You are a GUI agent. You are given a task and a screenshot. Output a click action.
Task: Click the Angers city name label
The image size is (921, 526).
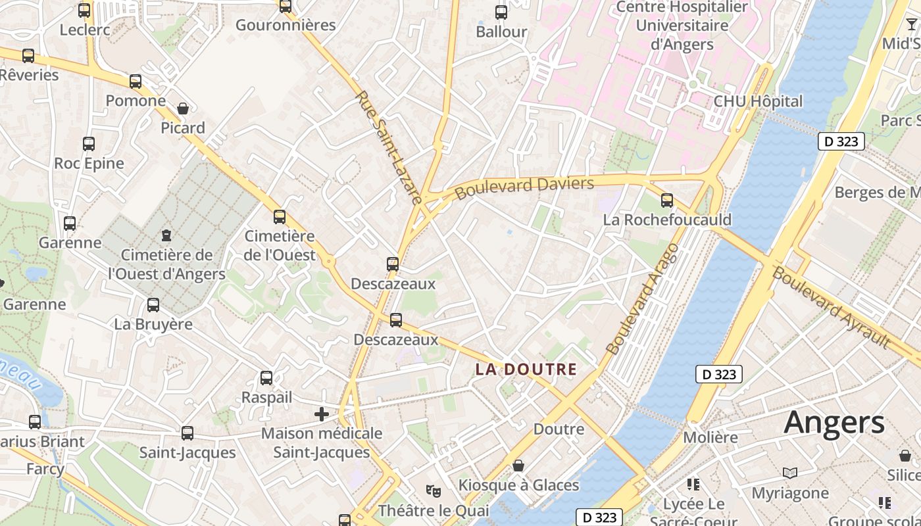[x=834, y=422]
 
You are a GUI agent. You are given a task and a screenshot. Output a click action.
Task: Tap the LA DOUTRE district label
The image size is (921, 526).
[x=526, y=370]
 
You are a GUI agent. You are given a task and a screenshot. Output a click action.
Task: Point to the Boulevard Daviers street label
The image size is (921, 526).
[x=524, y=187]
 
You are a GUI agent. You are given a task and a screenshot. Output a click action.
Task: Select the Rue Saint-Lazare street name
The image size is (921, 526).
[x=389, y=147]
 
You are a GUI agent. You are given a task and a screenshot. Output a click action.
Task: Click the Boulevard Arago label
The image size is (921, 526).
[x=642, y=299]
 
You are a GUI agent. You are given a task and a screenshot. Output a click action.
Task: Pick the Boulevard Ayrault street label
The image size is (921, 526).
[x=832, y=307]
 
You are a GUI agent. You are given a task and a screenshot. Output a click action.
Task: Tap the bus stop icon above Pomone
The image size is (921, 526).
[x=136, y=82]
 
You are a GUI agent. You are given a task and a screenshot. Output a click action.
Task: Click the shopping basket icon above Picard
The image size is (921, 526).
[x=183, y=108]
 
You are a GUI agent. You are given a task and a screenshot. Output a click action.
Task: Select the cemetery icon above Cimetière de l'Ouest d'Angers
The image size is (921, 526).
[x=166, y=235]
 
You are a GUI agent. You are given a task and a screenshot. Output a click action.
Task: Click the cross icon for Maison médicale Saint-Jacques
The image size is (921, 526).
[x=322, y=414]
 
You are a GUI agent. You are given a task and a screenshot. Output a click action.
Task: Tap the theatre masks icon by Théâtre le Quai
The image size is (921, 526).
[x=433, y=490]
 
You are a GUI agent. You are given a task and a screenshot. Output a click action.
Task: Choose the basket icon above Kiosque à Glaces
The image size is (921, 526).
[x=518, y=466]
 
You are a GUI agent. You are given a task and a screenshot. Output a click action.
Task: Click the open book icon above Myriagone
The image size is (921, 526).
[x=790, y=473]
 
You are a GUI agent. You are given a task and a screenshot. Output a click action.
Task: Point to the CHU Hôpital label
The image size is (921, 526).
[x=758, y=101]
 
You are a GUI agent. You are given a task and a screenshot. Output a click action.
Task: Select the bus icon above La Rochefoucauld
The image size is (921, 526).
[x=667, y=200]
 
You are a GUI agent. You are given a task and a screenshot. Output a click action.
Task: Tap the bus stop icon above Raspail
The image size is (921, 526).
[x=266, y=378]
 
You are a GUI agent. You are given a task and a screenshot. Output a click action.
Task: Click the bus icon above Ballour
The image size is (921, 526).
[x=501, y=12]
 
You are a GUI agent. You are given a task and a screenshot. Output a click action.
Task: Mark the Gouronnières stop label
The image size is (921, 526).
[x=286, y=25]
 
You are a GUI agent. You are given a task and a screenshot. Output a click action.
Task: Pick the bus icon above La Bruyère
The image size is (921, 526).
[x=153, y=304]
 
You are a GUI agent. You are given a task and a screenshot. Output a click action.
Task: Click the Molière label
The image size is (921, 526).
[x=710, y=437]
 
